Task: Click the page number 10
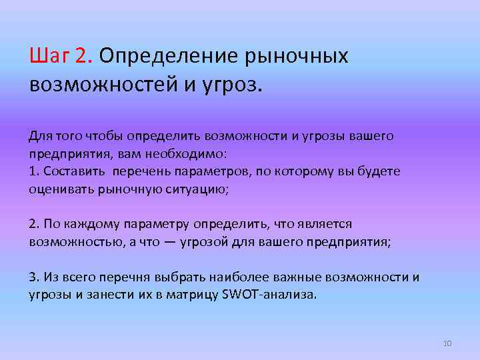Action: tap(447, 343)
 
